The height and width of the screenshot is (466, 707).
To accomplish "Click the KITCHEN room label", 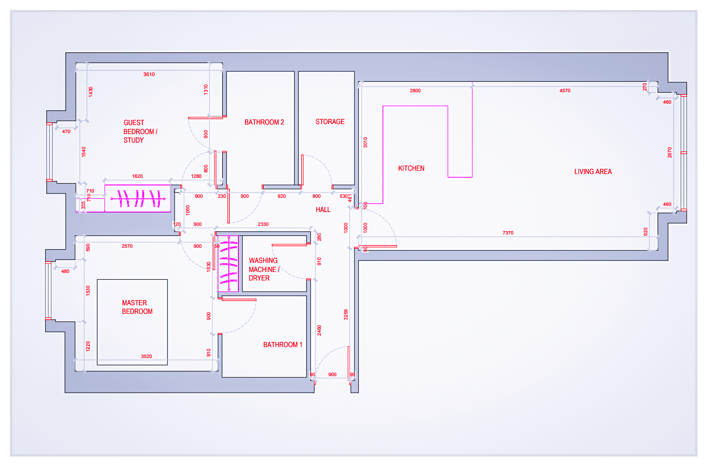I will click(411, 168).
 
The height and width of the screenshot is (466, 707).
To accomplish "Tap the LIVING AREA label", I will click(593, 172).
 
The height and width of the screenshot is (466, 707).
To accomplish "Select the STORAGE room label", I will click(330, 122).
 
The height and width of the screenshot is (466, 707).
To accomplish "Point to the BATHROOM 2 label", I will click(264, 122).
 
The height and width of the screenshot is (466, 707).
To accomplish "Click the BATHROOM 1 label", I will click(283, 345).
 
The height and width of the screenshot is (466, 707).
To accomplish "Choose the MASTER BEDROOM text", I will click(137, 307).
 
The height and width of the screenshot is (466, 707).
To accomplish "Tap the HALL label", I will click(323, 210).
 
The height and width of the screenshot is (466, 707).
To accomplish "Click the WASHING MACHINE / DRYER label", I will click(263, 269).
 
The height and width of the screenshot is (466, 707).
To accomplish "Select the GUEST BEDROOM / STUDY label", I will click(140, 131).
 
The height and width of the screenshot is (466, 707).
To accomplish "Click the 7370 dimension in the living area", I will click(508, 233).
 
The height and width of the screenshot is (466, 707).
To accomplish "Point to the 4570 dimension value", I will click(565, 90).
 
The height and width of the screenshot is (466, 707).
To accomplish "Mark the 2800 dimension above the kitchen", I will click(415, 90).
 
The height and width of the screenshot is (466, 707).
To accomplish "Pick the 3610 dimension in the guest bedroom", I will click(149, 74).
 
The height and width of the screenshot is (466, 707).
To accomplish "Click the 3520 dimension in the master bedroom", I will click(147, 356).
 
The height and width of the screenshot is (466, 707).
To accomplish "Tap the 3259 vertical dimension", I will click(346, 314).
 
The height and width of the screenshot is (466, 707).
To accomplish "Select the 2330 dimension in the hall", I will click(263, 224).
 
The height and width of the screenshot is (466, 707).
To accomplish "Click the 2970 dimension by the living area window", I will click(669, 153).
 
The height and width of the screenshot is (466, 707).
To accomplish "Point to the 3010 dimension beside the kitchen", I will click(365, 142).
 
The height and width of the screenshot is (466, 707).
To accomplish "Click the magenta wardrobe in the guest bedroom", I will click(137, 198).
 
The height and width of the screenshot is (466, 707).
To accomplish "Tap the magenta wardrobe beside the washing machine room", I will click(228, 263).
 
